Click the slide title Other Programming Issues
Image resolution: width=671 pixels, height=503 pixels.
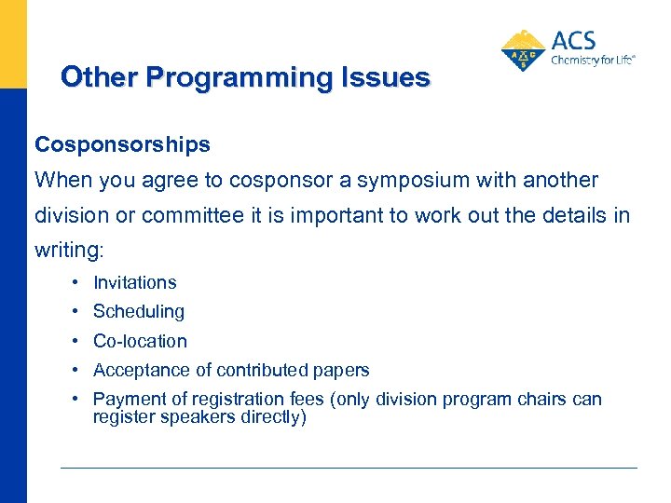pyautogui.click(x=245, y=77)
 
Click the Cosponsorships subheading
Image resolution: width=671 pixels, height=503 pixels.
pyautogui.click(x=122, y=145)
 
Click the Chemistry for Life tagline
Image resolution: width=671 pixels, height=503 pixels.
pyautogui.click(x=593, y=60)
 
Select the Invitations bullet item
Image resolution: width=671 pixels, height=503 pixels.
pyautogui.click(x=134, y=282)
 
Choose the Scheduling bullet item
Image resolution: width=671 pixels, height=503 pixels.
pyautogui.click(x=138, y=311)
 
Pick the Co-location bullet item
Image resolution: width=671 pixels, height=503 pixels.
pyautogui.click(x=140, y=341)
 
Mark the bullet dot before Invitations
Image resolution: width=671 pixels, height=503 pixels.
pyautogui.click(x=73, y=282)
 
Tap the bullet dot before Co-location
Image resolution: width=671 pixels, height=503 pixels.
pyautogui.click(x=73, y=341)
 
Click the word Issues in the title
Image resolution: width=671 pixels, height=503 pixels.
pyautogui.click(x=387, y=77)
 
